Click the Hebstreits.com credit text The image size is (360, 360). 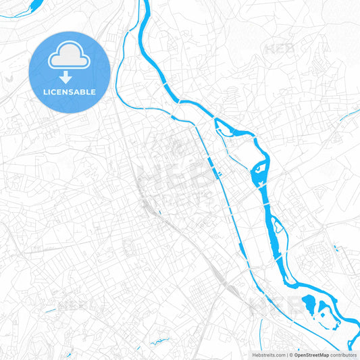(x=269, y=355)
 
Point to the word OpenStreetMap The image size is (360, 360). (x=311, y=355)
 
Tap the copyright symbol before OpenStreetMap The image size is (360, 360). (x=292, y=355)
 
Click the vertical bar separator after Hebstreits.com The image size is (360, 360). (x=287, y=355)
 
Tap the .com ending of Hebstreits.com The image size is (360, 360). (x=279, y=355)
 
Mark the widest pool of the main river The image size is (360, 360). (x=260, y=174)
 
